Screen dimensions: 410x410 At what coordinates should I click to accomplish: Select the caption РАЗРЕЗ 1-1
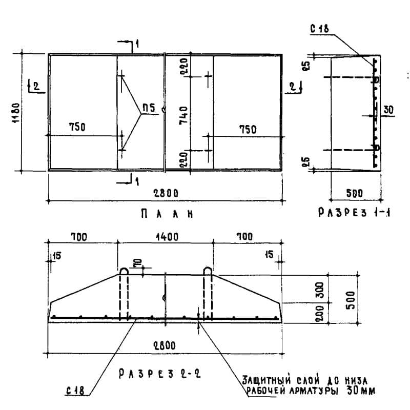(354, 212)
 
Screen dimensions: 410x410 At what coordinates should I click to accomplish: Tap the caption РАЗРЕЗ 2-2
(159, 374)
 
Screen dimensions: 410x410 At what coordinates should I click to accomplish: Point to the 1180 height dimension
(16, 113)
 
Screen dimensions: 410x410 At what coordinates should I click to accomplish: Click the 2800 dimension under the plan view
(166, 194)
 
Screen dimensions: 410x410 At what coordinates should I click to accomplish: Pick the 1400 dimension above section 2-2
(167, 237)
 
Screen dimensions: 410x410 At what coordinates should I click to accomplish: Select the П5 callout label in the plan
(149, 108)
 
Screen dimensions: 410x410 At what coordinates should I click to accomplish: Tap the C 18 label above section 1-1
(319, 29)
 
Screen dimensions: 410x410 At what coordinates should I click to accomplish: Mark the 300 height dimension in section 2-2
(319, 290)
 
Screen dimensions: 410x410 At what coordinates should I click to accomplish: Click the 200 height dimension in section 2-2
(319, 313)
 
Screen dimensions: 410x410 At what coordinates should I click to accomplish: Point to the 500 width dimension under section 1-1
(355, 193)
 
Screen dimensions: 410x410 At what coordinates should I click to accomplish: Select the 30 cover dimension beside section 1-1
(388, 110)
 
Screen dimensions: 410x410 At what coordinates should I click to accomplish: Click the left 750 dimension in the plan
(77, 127)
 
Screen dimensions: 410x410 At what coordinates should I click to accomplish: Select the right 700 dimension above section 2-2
(245, 237)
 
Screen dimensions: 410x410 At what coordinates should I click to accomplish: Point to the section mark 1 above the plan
(137, 44)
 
